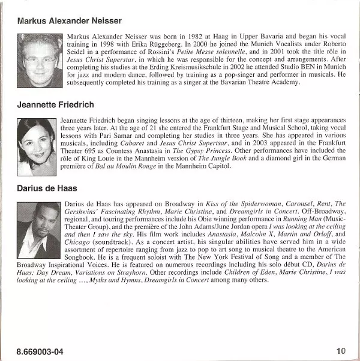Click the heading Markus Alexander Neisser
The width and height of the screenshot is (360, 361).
pyautogui.click(x=70, y=21)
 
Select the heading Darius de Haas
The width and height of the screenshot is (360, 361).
pyautogui.click(x=47, y=188)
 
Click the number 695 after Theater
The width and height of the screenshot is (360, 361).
pyautogui.click(x=89, y=152)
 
